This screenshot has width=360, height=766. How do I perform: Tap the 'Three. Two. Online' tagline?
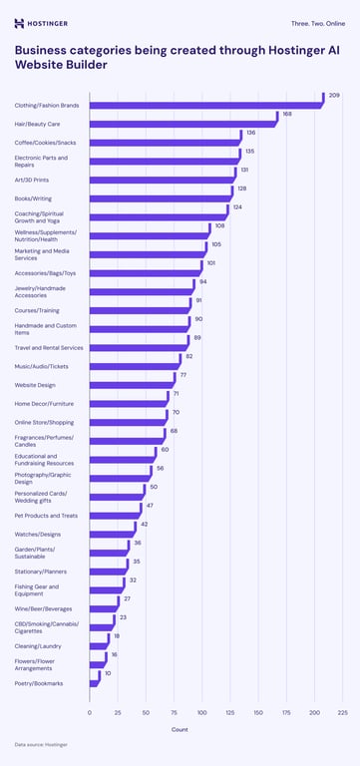click(x=318, y=22)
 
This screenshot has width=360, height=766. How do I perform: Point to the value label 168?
click(x=287, y=114)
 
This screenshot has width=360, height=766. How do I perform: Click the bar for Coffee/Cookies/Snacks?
click(x=164, y=142)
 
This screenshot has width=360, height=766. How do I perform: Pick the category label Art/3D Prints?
click(x=31, y=180)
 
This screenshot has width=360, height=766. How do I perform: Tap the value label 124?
click(x=237, y=206)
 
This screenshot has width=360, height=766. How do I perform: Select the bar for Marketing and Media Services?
click(x=146, y=254)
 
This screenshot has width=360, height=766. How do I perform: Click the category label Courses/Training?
click(x=37, y=310)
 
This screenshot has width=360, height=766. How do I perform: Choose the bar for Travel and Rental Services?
click(x=137, y=347)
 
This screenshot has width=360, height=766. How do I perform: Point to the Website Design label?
click(x=35, y=385)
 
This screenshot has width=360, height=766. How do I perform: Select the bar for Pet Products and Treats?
click(x=115, y=516)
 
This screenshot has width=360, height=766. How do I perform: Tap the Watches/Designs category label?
click(x=37, y=535)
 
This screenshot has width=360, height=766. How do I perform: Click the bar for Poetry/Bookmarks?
click(x=94, y=683)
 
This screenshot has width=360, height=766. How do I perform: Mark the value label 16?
click(x=114, y=654)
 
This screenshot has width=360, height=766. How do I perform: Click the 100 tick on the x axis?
click(x=202, y=712)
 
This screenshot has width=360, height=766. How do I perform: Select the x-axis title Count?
click(x=180, y=729)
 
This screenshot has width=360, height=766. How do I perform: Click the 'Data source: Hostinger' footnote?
click(x=41, y=745)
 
